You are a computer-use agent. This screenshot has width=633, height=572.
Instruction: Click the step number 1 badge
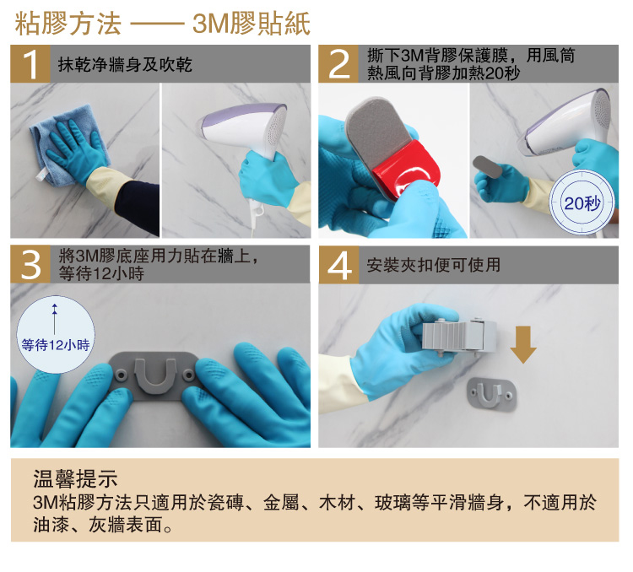(x=30, y=64)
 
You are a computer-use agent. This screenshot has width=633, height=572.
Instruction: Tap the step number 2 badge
(x=338, y=64)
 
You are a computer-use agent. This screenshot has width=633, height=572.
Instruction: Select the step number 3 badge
(x=30, y=264)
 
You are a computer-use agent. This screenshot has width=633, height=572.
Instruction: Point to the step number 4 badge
(x=338, y=265)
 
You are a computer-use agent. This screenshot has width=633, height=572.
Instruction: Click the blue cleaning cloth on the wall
(x=68, y=141)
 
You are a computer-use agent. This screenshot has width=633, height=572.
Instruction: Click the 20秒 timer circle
(x=582, y=202)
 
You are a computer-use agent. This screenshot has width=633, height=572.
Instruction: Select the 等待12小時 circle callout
(x=56, y=335)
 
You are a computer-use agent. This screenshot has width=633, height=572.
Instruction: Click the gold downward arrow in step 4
(x=523, y=345)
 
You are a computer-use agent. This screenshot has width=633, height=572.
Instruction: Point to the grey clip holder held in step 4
(x=459, y=337)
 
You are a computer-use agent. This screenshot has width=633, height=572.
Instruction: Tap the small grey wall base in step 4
(x=491, y=395)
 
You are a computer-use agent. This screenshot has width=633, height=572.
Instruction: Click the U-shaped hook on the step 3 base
(x=155, y=375)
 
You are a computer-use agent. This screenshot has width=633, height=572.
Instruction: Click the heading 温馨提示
(x=75, y=479)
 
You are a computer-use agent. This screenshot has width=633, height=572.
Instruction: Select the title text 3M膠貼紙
(x=252, y=24)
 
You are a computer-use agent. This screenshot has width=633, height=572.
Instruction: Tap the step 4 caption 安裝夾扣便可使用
(x=433, y=265)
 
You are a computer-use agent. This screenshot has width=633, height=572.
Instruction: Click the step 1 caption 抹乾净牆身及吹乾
(x=125, y=65)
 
